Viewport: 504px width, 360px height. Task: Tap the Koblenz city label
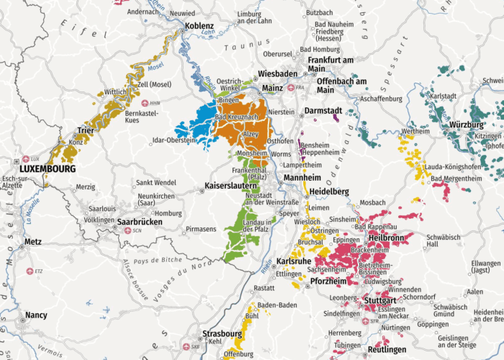pos(199,25)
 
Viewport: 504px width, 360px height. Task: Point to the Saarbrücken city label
pos(140,222)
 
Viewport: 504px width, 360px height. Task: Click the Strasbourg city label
pos(222,334)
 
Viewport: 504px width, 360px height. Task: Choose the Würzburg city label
pos(466,125)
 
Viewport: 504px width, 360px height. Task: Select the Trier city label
pos(84,132)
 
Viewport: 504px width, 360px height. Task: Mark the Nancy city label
pos(36,315)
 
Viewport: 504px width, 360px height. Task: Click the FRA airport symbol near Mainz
pos(290,88)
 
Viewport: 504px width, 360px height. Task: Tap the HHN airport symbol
pos(145,103)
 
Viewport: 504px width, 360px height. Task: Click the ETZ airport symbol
pos(30,271)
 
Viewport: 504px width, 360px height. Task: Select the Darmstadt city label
pos(323,110)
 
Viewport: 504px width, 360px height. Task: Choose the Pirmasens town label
pos(200,229)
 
